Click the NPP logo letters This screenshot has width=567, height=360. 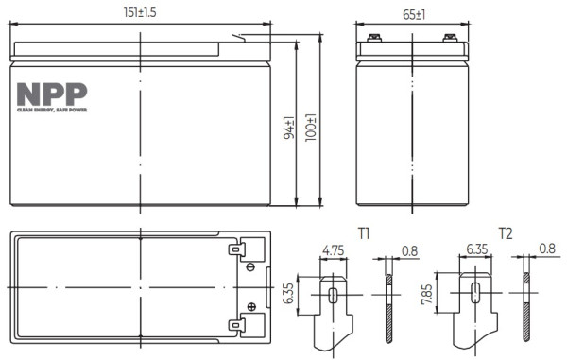pos(52,94)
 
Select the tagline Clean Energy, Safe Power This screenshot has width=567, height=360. pos(52,111)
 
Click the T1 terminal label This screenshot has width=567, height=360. pos(363,233)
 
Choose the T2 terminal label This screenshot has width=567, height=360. pos(505,233)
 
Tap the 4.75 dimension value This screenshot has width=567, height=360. pos(333,251)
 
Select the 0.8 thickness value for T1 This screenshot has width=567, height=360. pos(408,252)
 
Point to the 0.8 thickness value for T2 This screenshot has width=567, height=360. pos(547,251)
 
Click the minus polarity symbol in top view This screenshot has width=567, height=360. pos(250,268)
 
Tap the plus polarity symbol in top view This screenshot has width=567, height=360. pos(251,305)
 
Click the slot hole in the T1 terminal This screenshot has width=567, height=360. pos(334,294)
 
